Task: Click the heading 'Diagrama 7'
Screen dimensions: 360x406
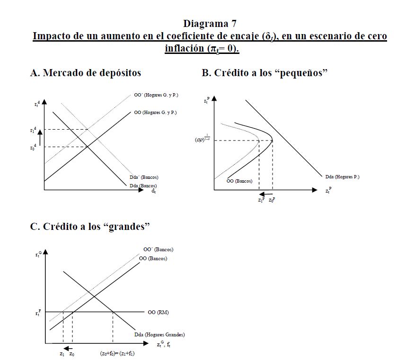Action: point(210,23)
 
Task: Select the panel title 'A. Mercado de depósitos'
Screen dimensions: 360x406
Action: point(85,73)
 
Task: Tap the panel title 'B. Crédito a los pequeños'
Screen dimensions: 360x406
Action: point(265,73)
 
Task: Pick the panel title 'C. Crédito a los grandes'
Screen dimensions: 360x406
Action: point(90,227)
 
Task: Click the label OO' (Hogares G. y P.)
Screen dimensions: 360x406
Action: point(156,95)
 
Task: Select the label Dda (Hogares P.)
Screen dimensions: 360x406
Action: point(342,177)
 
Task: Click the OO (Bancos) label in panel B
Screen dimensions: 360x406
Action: point(239,181)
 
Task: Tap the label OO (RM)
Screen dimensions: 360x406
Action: point(158,313)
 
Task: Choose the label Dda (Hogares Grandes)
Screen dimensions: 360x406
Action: point(159,335)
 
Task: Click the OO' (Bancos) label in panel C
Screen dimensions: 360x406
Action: point(158,249)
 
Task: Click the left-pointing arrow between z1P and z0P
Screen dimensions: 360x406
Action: point(265,194)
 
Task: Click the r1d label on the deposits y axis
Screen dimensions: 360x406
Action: point(32,129)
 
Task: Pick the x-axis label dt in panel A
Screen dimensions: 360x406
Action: point(153,192)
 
